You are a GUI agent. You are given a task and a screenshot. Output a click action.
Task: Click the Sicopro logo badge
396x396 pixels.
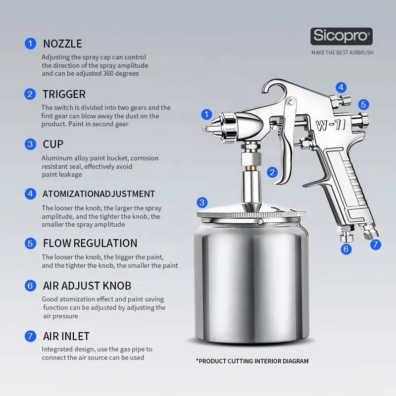click(x=342, y=37)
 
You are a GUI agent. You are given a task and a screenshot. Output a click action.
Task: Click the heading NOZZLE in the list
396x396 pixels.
click(x=62, y=44)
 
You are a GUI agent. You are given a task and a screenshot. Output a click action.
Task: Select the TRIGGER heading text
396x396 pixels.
click(x=64, y=94)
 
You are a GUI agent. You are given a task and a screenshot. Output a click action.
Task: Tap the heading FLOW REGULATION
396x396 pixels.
click(x=90, y=243)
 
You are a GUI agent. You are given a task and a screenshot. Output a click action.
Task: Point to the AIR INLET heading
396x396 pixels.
click(x=66, y=336)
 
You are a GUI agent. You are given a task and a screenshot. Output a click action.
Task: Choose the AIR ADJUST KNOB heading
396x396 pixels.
click(x=87, y=286)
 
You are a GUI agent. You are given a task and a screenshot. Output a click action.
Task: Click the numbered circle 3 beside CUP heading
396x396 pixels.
click(x=31, y=144)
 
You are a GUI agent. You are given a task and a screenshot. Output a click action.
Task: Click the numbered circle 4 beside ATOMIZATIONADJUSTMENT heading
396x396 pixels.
click(x=31, y=194)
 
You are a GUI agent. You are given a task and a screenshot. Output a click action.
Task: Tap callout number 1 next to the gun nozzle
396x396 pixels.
click(x=207, y=114)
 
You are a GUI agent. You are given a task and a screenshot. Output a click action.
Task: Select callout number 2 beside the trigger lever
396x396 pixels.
click(x=272, y=172)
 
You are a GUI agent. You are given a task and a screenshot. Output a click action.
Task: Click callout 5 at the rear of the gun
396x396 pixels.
click(x=364, y=104)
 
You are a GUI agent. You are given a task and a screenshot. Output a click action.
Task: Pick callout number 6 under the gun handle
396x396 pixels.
click(x=346, y=249)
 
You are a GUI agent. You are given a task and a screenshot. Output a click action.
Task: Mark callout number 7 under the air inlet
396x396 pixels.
click(x=376, y=244)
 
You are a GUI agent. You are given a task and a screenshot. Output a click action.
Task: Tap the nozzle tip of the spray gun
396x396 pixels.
click(x=204, y=128)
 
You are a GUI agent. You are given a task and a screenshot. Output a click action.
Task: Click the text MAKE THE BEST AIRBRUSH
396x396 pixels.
click(x=342, y=52)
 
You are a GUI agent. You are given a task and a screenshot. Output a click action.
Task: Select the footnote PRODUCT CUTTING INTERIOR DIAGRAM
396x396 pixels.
click(x=252, y=361)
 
